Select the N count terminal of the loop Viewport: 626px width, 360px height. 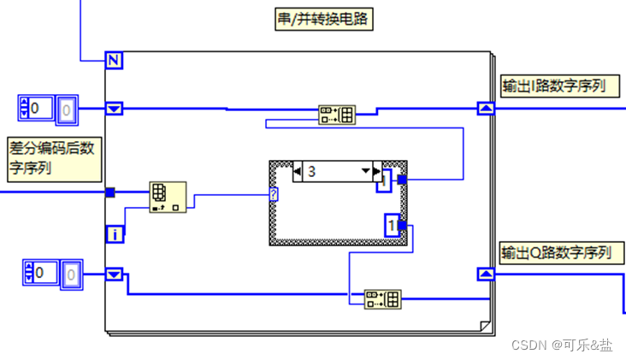115,60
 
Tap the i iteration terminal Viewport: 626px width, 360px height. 115,233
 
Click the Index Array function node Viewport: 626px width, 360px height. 168,197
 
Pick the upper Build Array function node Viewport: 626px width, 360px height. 337,115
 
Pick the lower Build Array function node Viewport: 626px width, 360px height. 382,299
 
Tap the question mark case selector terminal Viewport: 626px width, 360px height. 273,195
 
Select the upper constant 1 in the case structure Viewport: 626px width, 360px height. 387,180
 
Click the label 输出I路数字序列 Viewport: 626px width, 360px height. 558,86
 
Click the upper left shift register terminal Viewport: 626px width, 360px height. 115,109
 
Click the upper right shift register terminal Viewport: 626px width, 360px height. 485,109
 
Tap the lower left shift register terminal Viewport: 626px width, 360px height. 115,274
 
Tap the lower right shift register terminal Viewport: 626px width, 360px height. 485,274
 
